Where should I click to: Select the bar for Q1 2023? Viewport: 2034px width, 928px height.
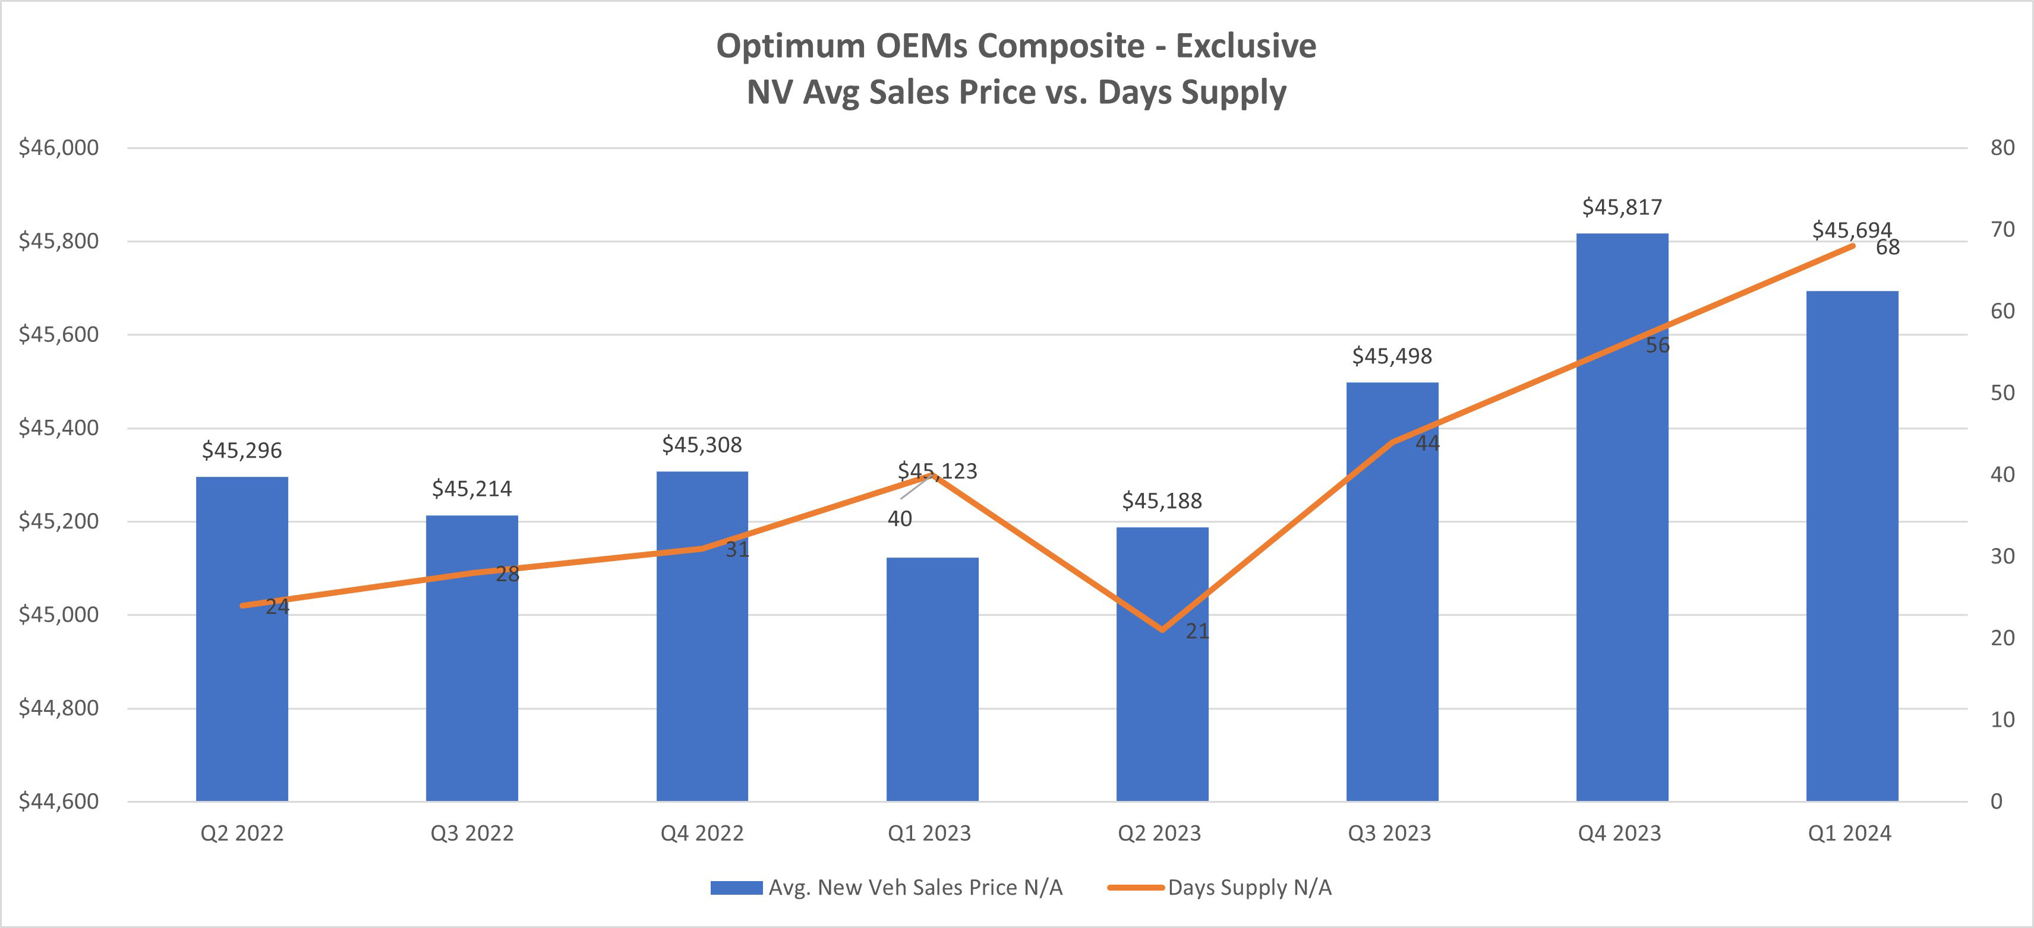click(932, 679)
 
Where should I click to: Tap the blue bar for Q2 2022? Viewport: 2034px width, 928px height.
click(242, 639)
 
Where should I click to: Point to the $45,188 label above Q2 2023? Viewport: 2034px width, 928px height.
click(1162, 501)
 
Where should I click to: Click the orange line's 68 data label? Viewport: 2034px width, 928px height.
click(1887, 248)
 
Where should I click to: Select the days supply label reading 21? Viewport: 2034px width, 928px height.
click(1197, 631)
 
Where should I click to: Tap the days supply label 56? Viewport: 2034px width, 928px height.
click(1657, 346)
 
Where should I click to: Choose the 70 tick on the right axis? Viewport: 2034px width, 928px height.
click(2003, 230)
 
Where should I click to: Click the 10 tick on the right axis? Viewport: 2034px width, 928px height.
click(2003, 720)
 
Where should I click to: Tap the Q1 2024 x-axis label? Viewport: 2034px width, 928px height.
click(1849, 834)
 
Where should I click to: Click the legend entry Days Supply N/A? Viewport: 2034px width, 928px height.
click(1249, 888)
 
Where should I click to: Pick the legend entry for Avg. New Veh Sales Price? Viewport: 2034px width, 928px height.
click(914, 888)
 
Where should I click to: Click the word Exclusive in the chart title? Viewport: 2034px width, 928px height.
click(1245, 46)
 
